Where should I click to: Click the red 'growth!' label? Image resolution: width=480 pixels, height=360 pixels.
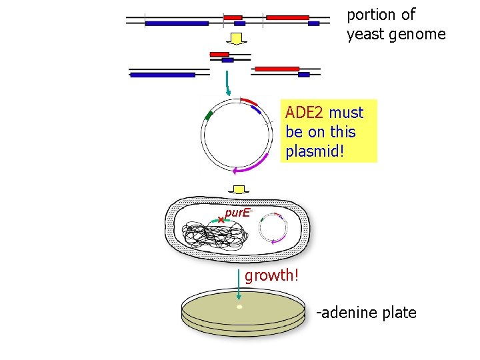(271, 275)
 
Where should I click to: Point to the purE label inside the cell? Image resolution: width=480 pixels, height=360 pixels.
(238, 213)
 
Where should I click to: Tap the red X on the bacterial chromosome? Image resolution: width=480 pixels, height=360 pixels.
(221, 219)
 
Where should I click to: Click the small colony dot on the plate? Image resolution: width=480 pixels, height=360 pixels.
(239, 307)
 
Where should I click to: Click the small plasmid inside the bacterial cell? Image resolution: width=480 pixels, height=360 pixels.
(272, 229)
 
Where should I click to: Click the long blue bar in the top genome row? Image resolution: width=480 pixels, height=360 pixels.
(177, 23)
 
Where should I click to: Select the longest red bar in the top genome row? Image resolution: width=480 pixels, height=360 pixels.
(287, 17)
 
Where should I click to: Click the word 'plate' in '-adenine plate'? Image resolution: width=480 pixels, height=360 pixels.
(398, 312)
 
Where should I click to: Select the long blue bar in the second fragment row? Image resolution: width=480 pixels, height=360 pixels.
(163, 75)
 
